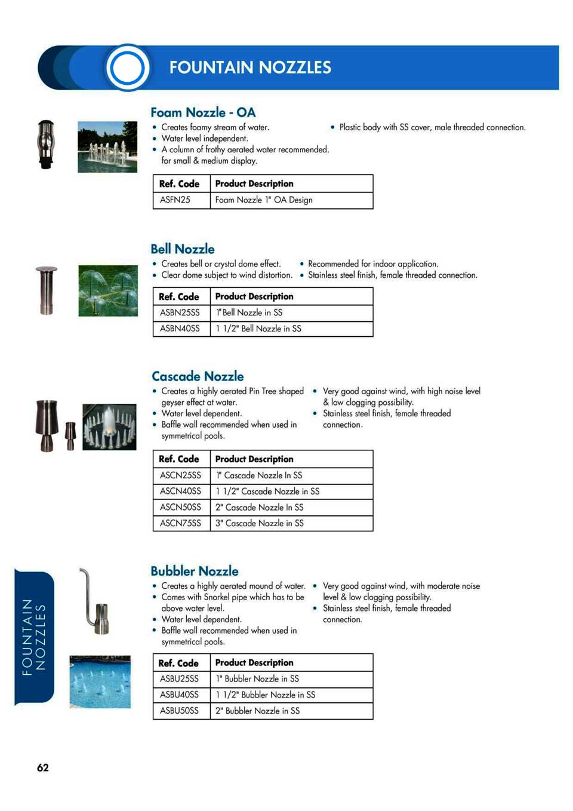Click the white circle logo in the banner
127,67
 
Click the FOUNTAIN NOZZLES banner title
249,67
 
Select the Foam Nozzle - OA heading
203,112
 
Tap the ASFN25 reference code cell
175,200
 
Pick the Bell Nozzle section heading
183,249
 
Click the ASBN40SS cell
180,328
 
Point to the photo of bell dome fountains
108,291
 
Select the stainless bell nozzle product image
46,290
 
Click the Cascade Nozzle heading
198,376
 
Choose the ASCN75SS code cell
181,523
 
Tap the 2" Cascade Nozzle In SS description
260,507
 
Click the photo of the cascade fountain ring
109,427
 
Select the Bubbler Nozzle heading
195,571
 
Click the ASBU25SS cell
180,679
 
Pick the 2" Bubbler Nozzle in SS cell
258,711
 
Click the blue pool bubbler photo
100,681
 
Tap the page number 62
43,767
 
